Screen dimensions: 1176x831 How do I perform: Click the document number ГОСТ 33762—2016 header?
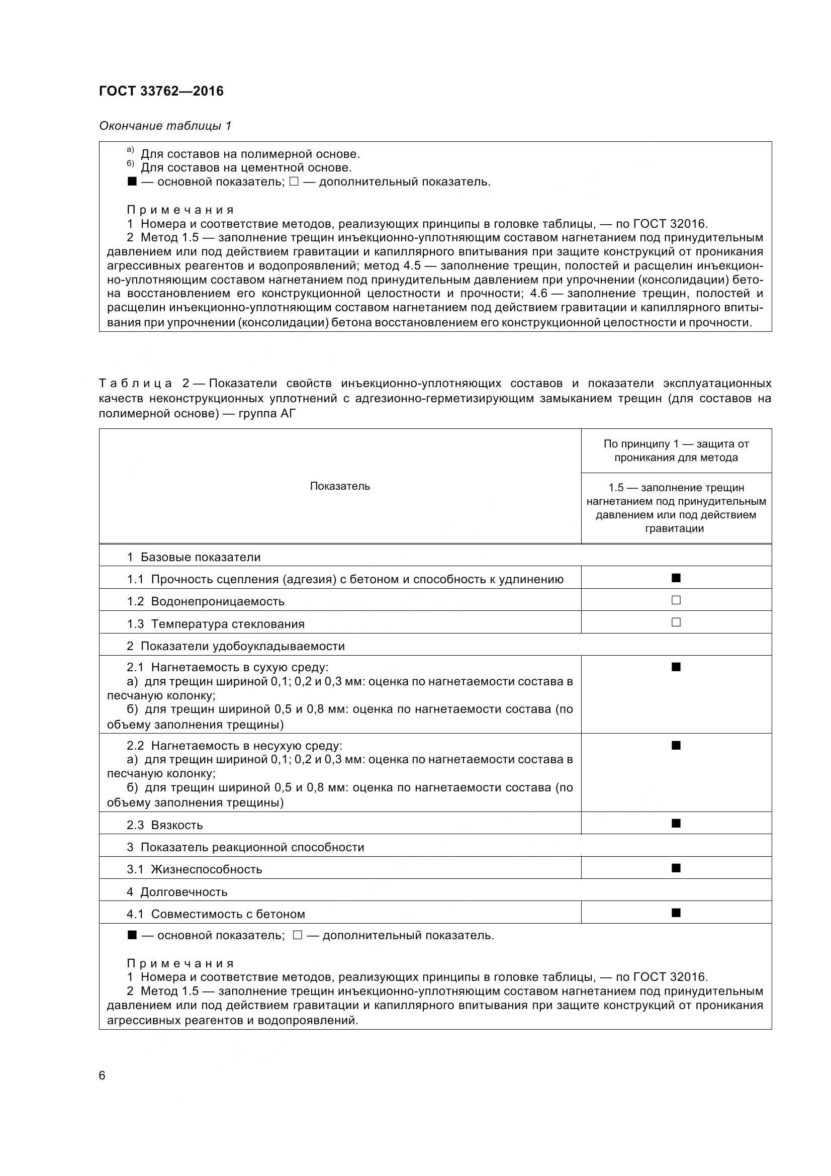click(x=161, y=91)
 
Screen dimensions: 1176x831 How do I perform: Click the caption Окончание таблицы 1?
click(x=165, y=126)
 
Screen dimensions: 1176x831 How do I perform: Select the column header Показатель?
click(x=340, y=486)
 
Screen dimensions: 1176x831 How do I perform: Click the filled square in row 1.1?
click(x=676, y=578)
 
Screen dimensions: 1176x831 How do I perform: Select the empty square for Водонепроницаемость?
click(x=676, y=600)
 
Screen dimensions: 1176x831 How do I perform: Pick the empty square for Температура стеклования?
click(x=676, y=622)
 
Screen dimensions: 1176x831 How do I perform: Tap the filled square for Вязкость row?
click(x=676, y=823)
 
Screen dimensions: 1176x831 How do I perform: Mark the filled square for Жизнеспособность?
click(x=676, y=868)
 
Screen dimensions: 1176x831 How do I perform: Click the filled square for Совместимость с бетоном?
click(x=676, y=912)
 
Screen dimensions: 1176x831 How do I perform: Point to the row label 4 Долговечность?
click(x=177, y=892)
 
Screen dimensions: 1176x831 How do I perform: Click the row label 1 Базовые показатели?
click(x=194, y=557)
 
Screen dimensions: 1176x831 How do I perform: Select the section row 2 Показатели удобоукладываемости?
click(x=236, y=646)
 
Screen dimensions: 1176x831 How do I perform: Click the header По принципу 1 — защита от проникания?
click(x=676, y=450)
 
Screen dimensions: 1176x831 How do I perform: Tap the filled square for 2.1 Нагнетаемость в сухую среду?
click(x=676, y=667)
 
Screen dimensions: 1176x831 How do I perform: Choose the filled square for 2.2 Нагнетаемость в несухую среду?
click(x=676, y=745)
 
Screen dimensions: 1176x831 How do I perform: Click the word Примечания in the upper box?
click(x=180, y=210)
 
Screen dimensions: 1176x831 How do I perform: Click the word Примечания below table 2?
click(x=180, y=963)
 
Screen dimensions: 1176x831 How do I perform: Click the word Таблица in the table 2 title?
click(x=135, y=384)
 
